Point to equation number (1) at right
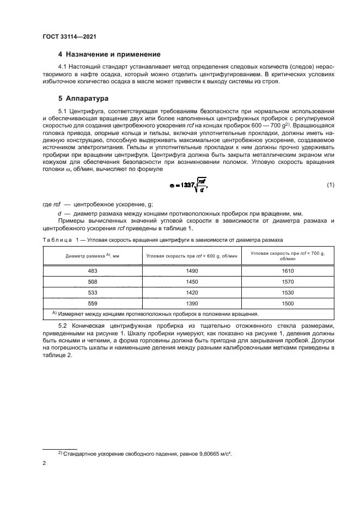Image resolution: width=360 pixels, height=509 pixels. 330,185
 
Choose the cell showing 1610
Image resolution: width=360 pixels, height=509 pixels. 288,270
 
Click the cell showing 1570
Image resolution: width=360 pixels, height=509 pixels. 288,281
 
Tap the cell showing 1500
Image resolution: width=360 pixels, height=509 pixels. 288,303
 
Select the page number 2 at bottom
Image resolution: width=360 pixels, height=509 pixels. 44,463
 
